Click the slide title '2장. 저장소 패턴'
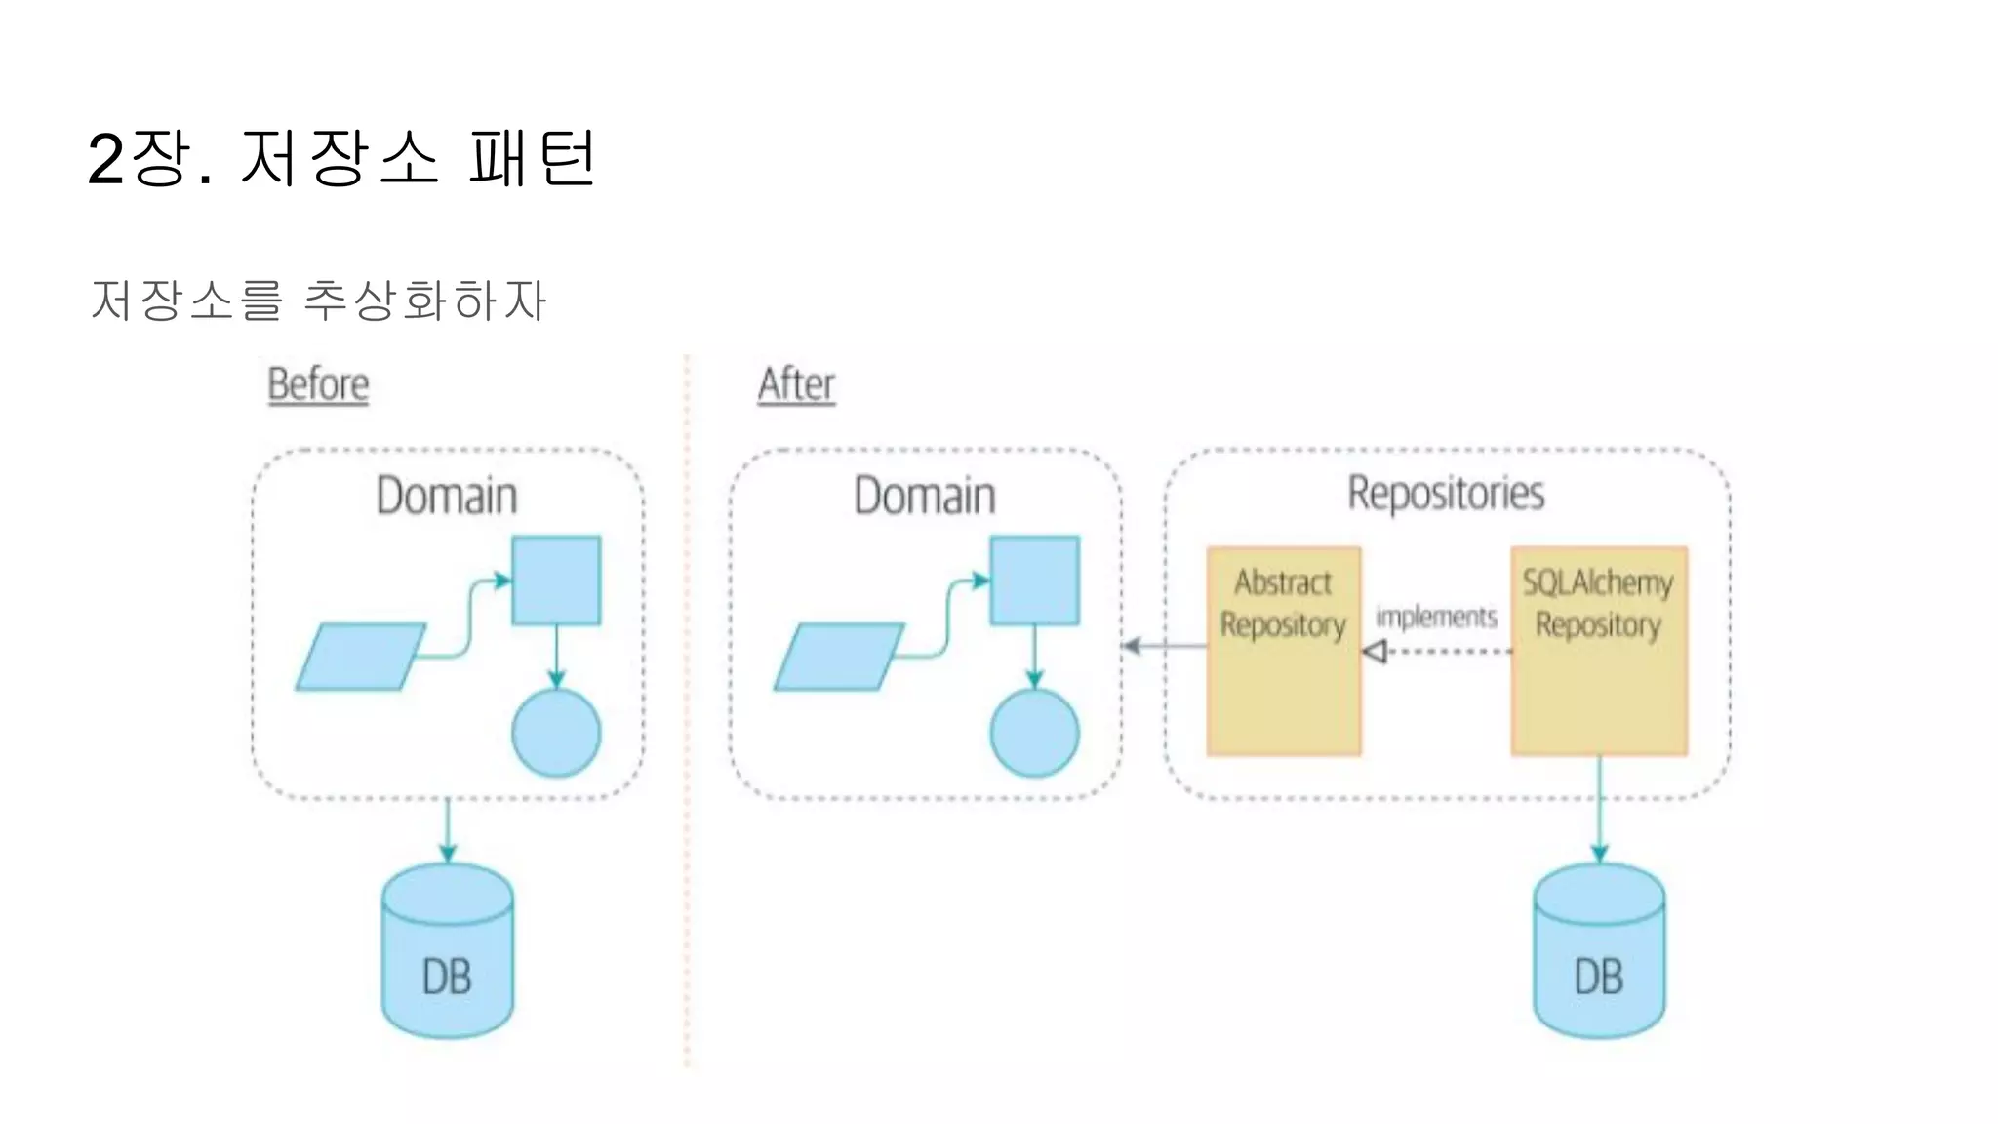click(x=341, y=158)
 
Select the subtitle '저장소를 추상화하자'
click(x=318, y=300)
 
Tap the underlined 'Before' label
click(x=318, y=384)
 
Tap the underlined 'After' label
click(x=796, y=384)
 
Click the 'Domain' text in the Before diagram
click(x=447, y=496)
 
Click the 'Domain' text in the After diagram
click(x=925, y=496)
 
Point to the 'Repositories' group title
click(x=1446, y=494)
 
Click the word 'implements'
click(x=1436, y=617)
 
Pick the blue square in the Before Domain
click(x=556, y=581)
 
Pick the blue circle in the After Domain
click(x=1034, y=734)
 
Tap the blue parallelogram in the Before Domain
click(x=361, y=657)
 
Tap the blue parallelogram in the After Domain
click(x=839, y=657)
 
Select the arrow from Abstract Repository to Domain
click(x=1165, y=646)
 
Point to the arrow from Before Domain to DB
click(x=448, y=830)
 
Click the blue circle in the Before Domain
click(x=556, y=734)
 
